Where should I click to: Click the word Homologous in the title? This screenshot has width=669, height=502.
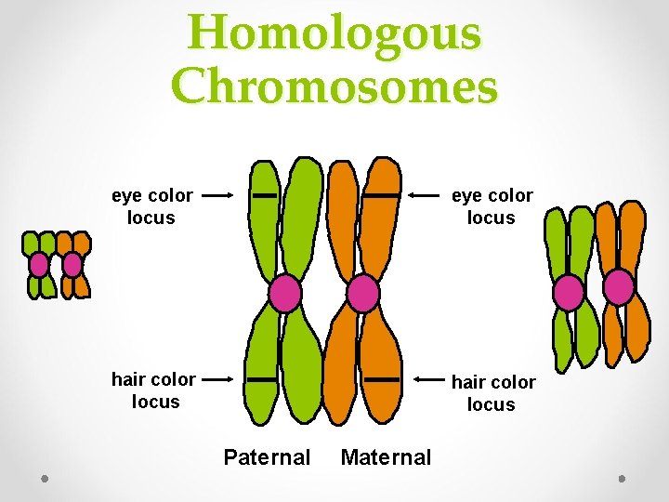tap(334, 34)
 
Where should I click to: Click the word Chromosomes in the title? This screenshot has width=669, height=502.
tap(334, 86)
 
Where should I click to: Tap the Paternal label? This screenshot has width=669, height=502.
tap(267, 456)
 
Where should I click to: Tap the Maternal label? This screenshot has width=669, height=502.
tap(386, 456)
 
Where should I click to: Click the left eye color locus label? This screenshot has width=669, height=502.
tap(151, 206)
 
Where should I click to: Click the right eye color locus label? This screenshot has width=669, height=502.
tap(492, 206)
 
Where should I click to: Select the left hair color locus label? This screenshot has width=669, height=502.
tap(153, 390)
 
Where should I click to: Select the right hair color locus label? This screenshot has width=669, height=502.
tap(492, 393)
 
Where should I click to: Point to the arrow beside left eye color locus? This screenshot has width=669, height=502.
tap(216, 196)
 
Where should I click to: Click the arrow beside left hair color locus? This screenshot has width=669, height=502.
tap(217, 379)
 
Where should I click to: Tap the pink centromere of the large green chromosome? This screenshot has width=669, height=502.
tap(285, 295)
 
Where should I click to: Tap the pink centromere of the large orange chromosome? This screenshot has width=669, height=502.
tap(362, 295)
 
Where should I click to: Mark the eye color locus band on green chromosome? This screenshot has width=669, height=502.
tap(265, 196)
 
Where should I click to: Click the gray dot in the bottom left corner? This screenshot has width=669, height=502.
tap(46, 478)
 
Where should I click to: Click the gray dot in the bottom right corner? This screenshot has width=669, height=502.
tap(622, 478)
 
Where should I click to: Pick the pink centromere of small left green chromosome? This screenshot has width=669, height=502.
tap(38, 264)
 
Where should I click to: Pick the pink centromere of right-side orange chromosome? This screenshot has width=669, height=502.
tap(619, 287)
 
